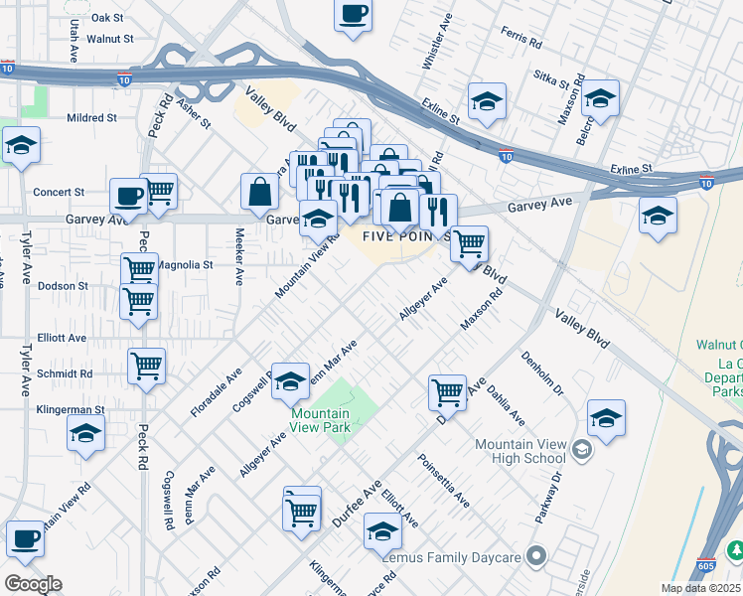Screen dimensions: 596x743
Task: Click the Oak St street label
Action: pyautogui.click(x=106, y=18)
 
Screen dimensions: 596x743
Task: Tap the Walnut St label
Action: pyautogui.click(x=109, y=39)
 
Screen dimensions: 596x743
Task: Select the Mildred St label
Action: pyautogui.click(x=91, y=117)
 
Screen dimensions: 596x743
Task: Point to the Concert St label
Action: pyautogui.click(x=59, y=192)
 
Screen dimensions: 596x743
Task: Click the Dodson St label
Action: pyautogui.click(x=63, y=286)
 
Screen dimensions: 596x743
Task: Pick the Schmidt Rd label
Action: pyautogui.click(x=66, y=374)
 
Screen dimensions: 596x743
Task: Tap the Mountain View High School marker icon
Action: pyautogui.click(x=581, y=451)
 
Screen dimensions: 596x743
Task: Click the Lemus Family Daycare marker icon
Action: pyautogui.click(x=537, y=557)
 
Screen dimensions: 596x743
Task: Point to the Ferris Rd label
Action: pyautogui.click(x=521, y=44)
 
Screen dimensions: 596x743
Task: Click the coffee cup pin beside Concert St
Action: pyautogui.click(x=128, y=195)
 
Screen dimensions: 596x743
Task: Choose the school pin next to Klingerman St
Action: pyautogui.click(x=86, y=433)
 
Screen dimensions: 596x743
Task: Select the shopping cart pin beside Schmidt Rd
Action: pyautogui.click(x=146, y=366)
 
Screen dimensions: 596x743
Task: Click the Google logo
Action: pyautogui.click(x=33, y=583)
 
